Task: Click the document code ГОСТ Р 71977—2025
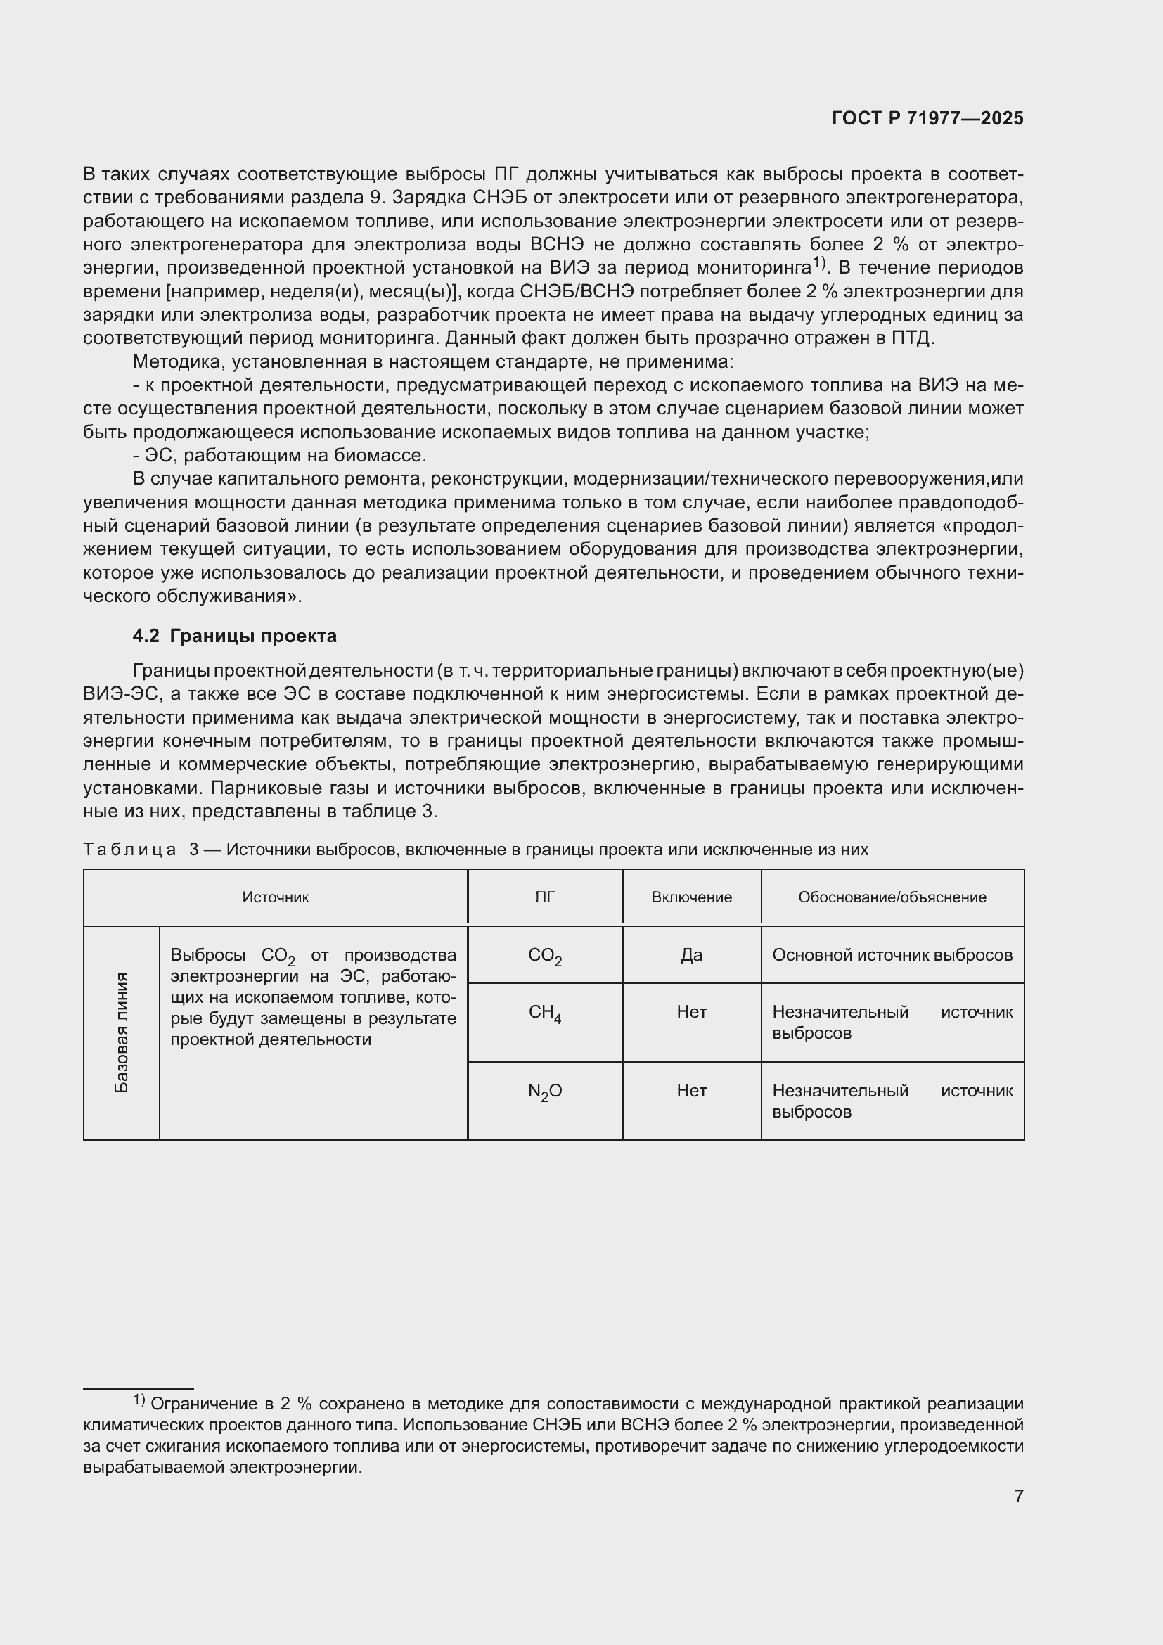(x=927, y=119)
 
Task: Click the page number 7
(x=1018, y=1496)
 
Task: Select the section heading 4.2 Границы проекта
(x=234, y=636)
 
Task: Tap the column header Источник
(x=275, y=897)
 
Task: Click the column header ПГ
(x=545, y=897)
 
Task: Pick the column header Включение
(x=691, y=897)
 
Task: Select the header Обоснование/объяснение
(x=892, y=897)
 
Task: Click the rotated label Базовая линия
(x=122, y=1032)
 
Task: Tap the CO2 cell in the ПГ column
(x=545, y=956)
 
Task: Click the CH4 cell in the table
(x=545, y=1012)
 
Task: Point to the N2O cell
(x=545, y=1092)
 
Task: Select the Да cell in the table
(x=691, y=955)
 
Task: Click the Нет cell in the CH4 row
(x=691, y=1011)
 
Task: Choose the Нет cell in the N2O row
(x=691, y=1091)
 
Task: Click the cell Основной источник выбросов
(x=892, y=955)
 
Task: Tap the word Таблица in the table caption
(x=129, y=850)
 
